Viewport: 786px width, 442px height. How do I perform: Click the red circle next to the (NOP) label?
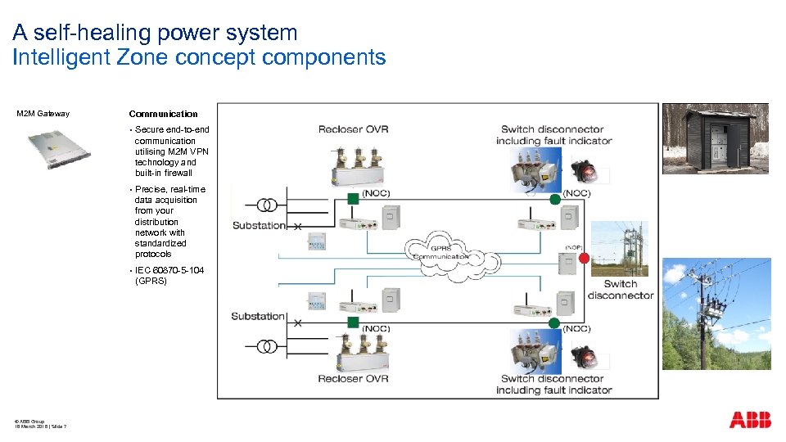584,259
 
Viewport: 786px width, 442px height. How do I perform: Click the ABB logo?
750,420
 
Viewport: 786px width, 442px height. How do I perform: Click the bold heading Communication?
163,114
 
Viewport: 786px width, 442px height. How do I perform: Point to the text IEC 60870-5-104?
169,270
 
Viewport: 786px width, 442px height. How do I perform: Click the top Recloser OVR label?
354,129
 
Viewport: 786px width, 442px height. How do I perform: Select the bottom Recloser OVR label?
354,378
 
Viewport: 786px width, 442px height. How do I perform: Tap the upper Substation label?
259,225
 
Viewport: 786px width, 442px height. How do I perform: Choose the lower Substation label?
258,316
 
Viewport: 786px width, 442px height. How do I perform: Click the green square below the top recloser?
352,198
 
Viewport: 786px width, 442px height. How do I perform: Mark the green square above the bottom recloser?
352,322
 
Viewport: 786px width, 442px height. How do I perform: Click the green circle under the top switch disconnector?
555,199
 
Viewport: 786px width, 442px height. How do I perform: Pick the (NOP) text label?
573,246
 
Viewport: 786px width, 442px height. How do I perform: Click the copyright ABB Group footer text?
30,421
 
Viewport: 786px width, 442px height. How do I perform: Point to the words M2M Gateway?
43,114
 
